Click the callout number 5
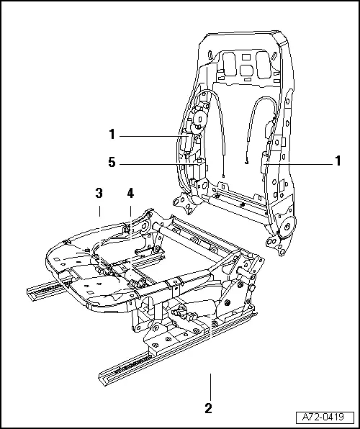[111, 163]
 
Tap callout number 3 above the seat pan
[99, 193]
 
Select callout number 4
[130, 193]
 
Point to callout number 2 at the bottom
[208, 409]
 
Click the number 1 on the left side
[111, 134]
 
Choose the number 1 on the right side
[337, 163]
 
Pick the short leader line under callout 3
[99, 210]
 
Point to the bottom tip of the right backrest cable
[247, 163]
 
